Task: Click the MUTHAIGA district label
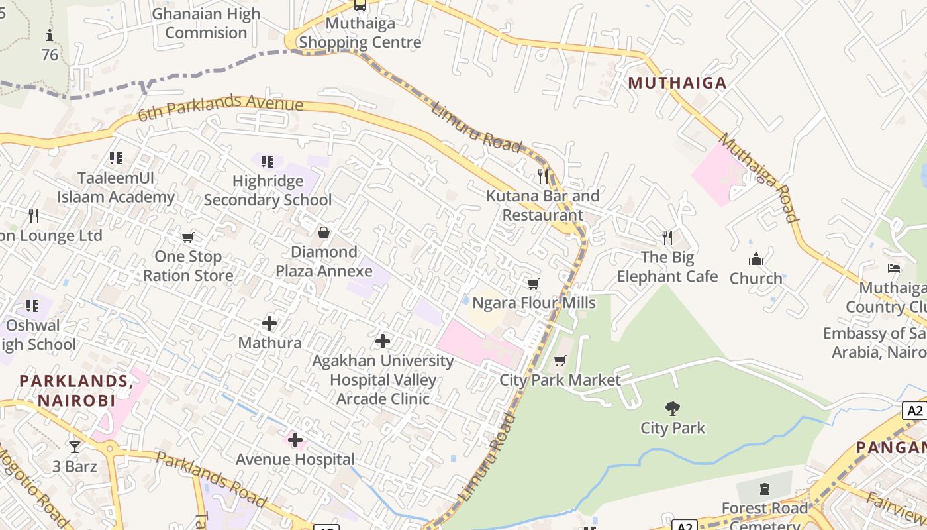[x=677, y=83]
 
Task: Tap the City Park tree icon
[x=673, y=408]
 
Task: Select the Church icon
[x=756, y=259]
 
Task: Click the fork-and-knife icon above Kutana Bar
[x=543, y=176]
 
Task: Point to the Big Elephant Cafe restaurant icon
[x=667, y=237]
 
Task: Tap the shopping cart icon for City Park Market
[x=560, y=360]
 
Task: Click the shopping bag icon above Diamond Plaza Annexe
[x=324, y=233]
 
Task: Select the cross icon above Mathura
[x=269, y=323]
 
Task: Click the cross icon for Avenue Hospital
[x=295, y=440]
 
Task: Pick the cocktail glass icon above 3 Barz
[x=75, y=447]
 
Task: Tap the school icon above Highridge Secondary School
[x=268, y=161]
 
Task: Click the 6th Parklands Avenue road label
[x=220, y=108]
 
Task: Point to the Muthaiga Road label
[x=759, y=178]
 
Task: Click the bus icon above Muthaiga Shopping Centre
[x=360, y=5]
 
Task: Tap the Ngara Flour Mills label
[x=534, y=303]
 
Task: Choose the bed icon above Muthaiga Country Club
[x=894, y=268]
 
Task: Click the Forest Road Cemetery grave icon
[x=765, y=489]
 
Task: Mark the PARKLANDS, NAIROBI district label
[x=76, y=390]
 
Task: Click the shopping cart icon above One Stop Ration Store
[x=188, y=237]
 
